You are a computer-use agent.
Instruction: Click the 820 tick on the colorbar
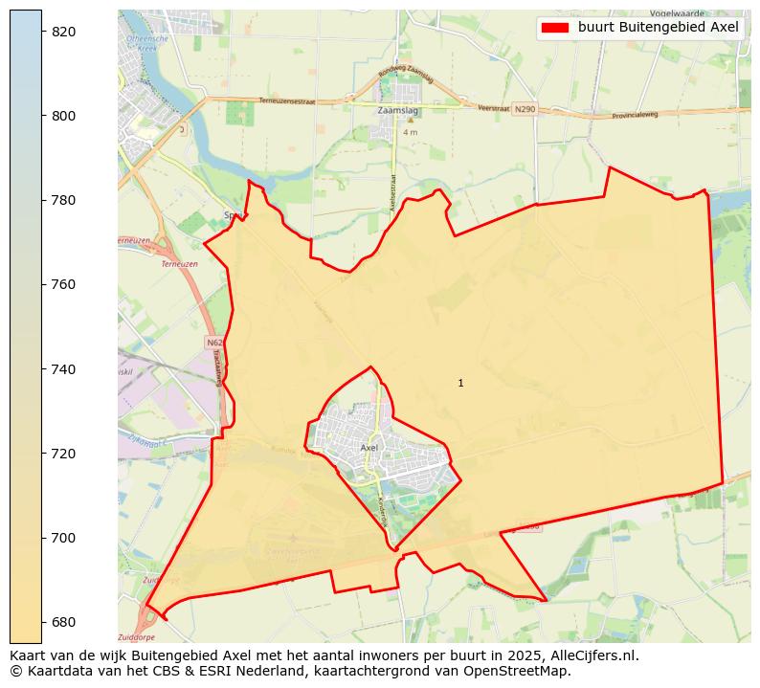pyautogui.click(x=63, y=32)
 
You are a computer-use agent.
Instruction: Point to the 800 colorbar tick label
pyautogui.click(x=63, y=116)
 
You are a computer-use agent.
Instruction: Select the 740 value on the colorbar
pyautogui.click(x=63, y=369)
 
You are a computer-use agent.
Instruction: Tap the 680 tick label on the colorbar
pyautogui.click(x=63, y=622)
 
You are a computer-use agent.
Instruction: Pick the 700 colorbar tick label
pyautogui.click(x=63, y=538)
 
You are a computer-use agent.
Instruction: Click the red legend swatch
pyautogui.click(x=554, y=28)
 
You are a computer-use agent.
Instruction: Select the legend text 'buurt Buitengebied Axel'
pyautogui.click(x=659, y=28)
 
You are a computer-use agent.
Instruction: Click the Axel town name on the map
pyautogui.click(x=369, y=447)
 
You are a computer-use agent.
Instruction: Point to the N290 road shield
pyautogui.click(x=524, y=110)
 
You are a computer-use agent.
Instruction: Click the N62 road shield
pyautogui.click(x=213, y=342)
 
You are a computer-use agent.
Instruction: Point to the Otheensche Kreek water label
pyautogui.click(x=147, y=42)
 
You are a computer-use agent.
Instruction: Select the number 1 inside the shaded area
pyautogui.click(x=460, y=383)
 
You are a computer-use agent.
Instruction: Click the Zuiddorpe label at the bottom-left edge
pyautogui.click(x=134, y=636)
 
